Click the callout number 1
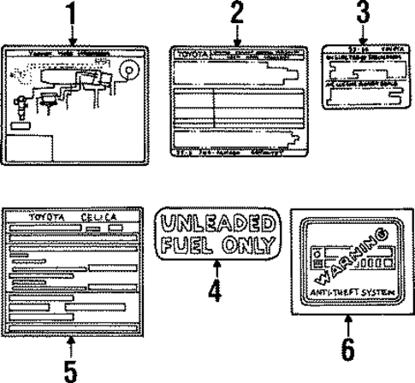[x=72, y=14]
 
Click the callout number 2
[x=236, y=14]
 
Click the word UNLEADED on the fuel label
[x=215, y=225]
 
